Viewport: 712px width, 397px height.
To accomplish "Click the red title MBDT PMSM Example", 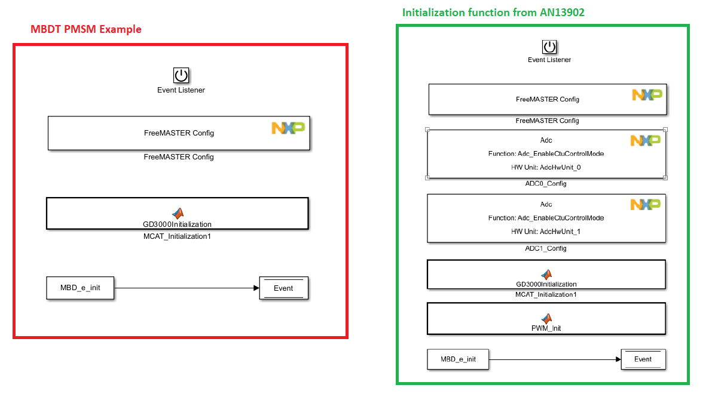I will (x=86, y=29).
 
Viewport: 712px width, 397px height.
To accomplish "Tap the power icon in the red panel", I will (x=181, y=75).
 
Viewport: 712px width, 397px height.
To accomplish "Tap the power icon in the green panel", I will (x=549, y=47).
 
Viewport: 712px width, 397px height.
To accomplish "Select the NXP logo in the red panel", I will (x=288, y=128).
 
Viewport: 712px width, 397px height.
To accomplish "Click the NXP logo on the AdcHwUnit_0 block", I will (x=646, y=140).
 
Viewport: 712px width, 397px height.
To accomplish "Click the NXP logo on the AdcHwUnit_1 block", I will (x=646, y=205).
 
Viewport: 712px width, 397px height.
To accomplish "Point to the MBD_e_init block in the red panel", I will (x=80, y=288).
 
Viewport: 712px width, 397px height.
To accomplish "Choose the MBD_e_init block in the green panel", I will (x=458, y=359).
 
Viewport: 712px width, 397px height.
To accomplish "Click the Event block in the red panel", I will (x=283, y=288).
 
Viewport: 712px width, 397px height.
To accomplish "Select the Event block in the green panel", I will (x=643, y=359).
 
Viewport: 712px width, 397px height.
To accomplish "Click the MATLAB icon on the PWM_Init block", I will (x=546, y=319).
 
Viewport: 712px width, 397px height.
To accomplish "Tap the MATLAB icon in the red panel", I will (x=178, y=213).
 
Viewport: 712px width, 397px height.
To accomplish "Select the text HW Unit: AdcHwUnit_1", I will (x=546, y=232).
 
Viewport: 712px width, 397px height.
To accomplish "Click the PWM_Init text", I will (x=546, y=328).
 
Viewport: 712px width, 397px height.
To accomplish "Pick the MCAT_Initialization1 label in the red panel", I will (x=176, y=236).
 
